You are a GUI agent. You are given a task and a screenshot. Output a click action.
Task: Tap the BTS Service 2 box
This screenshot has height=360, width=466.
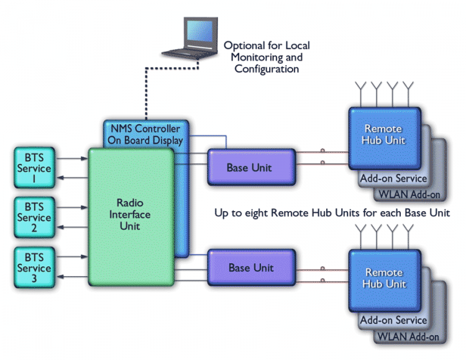pos(34,218)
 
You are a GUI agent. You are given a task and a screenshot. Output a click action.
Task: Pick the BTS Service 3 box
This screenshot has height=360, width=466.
pos(34,268)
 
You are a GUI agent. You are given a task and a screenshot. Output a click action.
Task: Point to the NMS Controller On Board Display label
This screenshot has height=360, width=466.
pos(145,133)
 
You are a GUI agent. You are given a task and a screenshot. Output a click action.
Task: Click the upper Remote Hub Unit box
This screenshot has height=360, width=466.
pos(383,135)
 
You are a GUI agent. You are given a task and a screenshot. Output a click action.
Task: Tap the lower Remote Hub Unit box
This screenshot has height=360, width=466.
pos(383,278)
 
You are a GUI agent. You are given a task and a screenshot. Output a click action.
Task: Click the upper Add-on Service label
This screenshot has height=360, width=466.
pos(394,179)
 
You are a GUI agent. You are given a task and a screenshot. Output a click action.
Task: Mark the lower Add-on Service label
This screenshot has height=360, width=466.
pos(394,321)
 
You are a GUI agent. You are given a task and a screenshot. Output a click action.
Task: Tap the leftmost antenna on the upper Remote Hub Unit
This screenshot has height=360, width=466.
pos(360,93)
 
